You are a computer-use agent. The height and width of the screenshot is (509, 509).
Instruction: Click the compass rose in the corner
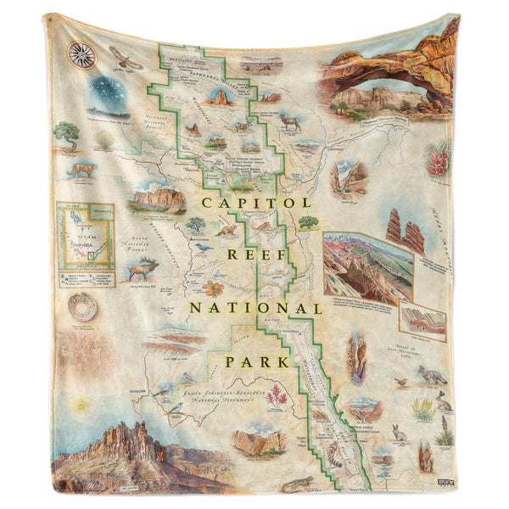tap(81, 53)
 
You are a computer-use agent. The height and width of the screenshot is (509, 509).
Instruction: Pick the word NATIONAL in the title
tap(255, 308)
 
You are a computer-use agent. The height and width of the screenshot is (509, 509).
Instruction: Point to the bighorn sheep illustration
tap(292, 123)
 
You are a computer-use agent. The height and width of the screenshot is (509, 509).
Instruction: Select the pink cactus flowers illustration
tap(438, 159)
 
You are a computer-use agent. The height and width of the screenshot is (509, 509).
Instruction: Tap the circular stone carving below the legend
tap(82, 307)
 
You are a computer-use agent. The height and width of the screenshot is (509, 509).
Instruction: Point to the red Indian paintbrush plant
tap(276, 394)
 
